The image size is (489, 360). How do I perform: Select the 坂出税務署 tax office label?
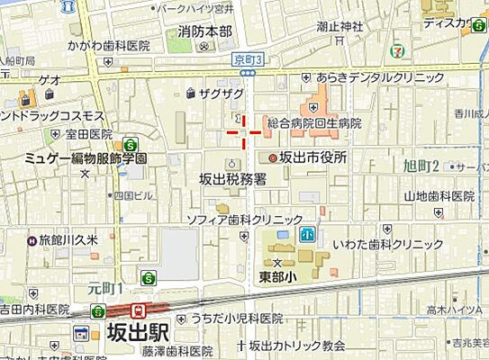(x=231, y=179)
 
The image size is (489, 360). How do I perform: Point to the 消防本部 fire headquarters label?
(x=204, y=32)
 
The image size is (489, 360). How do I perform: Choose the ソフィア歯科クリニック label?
(x=244, y=220)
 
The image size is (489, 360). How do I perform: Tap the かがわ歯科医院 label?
(x=108, y=44)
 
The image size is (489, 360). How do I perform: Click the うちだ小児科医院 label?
(x=236, y=318)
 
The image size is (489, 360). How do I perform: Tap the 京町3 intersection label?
(x=248, y=58)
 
